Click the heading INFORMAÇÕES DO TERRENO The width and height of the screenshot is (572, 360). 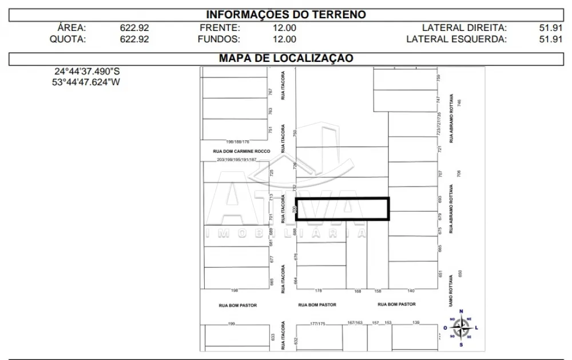pos(285,15)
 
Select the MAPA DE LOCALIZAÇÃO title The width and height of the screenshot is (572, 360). pos(285,58)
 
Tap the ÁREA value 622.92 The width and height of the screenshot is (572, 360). pos(134,27)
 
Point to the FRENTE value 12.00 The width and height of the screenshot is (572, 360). pos(284,27)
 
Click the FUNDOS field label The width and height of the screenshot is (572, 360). pos(219,39)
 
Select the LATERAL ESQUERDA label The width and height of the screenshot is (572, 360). pos(456,39)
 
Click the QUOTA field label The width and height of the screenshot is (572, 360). pos(67,39)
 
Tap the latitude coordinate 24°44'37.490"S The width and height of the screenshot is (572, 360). pos(87,72)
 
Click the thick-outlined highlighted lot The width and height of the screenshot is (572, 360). pos(342,209)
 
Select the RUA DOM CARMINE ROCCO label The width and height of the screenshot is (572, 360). pos(241,151)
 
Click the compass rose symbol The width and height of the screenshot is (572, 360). pos(460,328)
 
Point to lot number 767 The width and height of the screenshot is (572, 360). pos(271,92)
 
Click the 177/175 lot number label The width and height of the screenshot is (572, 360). pos(317,324)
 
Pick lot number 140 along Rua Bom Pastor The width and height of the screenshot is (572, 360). pos(411,291)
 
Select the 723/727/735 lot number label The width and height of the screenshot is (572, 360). pos(439,123)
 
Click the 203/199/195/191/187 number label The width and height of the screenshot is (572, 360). pos(237,160)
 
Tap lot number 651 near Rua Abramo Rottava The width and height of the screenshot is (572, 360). pos(440,274)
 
